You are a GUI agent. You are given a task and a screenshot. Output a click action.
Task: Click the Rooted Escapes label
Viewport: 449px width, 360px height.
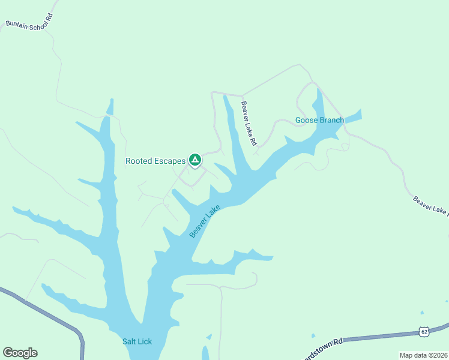pyautogui.click(x=155, y=161)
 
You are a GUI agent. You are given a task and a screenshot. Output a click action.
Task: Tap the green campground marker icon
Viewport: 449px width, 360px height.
pyautogui.click(x=194, y=160)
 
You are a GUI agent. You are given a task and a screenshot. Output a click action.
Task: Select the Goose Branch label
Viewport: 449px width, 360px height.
pyautogui.click(x=319, y=120)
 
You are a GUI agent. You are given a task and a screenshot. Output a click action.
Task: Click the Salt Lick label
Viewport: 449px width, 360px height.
pyautogui.click(x=137, y=341)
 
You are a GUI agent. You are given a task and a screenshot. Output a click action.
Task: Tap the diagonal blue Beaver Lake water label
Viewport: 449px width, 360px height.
pyautogui.click(x=205, y=221)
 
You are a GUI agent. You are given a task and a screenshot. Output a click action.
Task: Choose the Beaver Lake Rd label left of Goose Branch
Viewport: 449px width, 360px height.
pyautogui.click(x=249, y=123)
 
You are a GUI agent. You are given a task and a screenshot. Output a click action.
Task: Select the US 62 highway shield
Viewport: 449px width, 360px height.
pyautogui.click(x=424, y=331)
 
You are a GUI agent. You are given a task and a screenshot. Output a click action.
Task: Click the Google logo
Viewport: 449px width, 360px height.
pyautogui.click(x=20, y=353)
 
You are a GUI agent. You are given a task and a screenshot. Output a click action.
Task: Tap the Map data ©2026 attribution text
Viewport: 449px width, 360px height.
pyautogui.click(x=424, y=355)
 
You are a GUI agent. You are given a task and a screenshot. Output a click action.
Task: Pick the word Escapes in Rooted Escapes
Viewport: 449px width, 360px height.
pyautogui.click(x=170, y=161)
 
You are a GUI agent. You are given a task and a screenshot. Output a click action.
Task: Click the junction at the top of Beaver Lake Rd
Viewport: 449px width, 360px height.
pyautogui.click(x=242, y=95)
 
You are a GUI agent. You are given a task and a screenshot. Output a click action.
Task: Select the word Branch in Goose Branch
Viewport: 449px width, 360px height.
pyautogui.click(x=331, y=120)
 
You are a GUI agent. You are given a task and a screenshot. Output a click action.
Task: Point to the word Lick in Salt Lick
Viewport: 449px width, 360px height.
pyautogui.click(x=145, y=341)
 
